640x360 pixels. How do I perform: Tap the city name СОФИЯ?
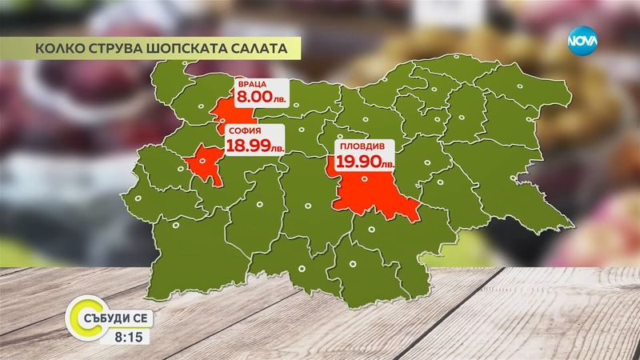(x=242, y=132)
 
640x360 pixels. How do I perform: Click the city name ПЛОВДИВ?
(x=358, y=148)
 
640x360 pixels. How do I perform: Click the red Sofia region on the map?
(x=205, y=164)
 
